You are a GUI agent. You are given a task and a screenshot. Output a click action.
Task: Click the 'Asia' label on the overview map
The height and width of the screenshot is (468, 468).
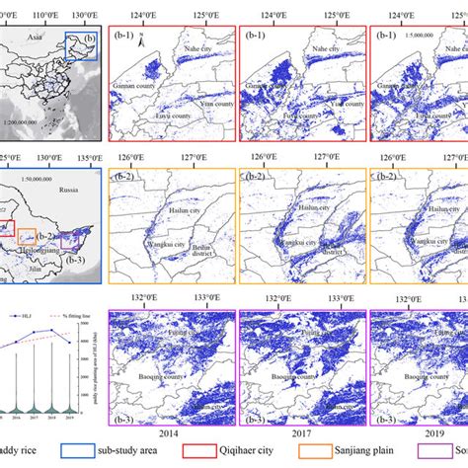[36, 34]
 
